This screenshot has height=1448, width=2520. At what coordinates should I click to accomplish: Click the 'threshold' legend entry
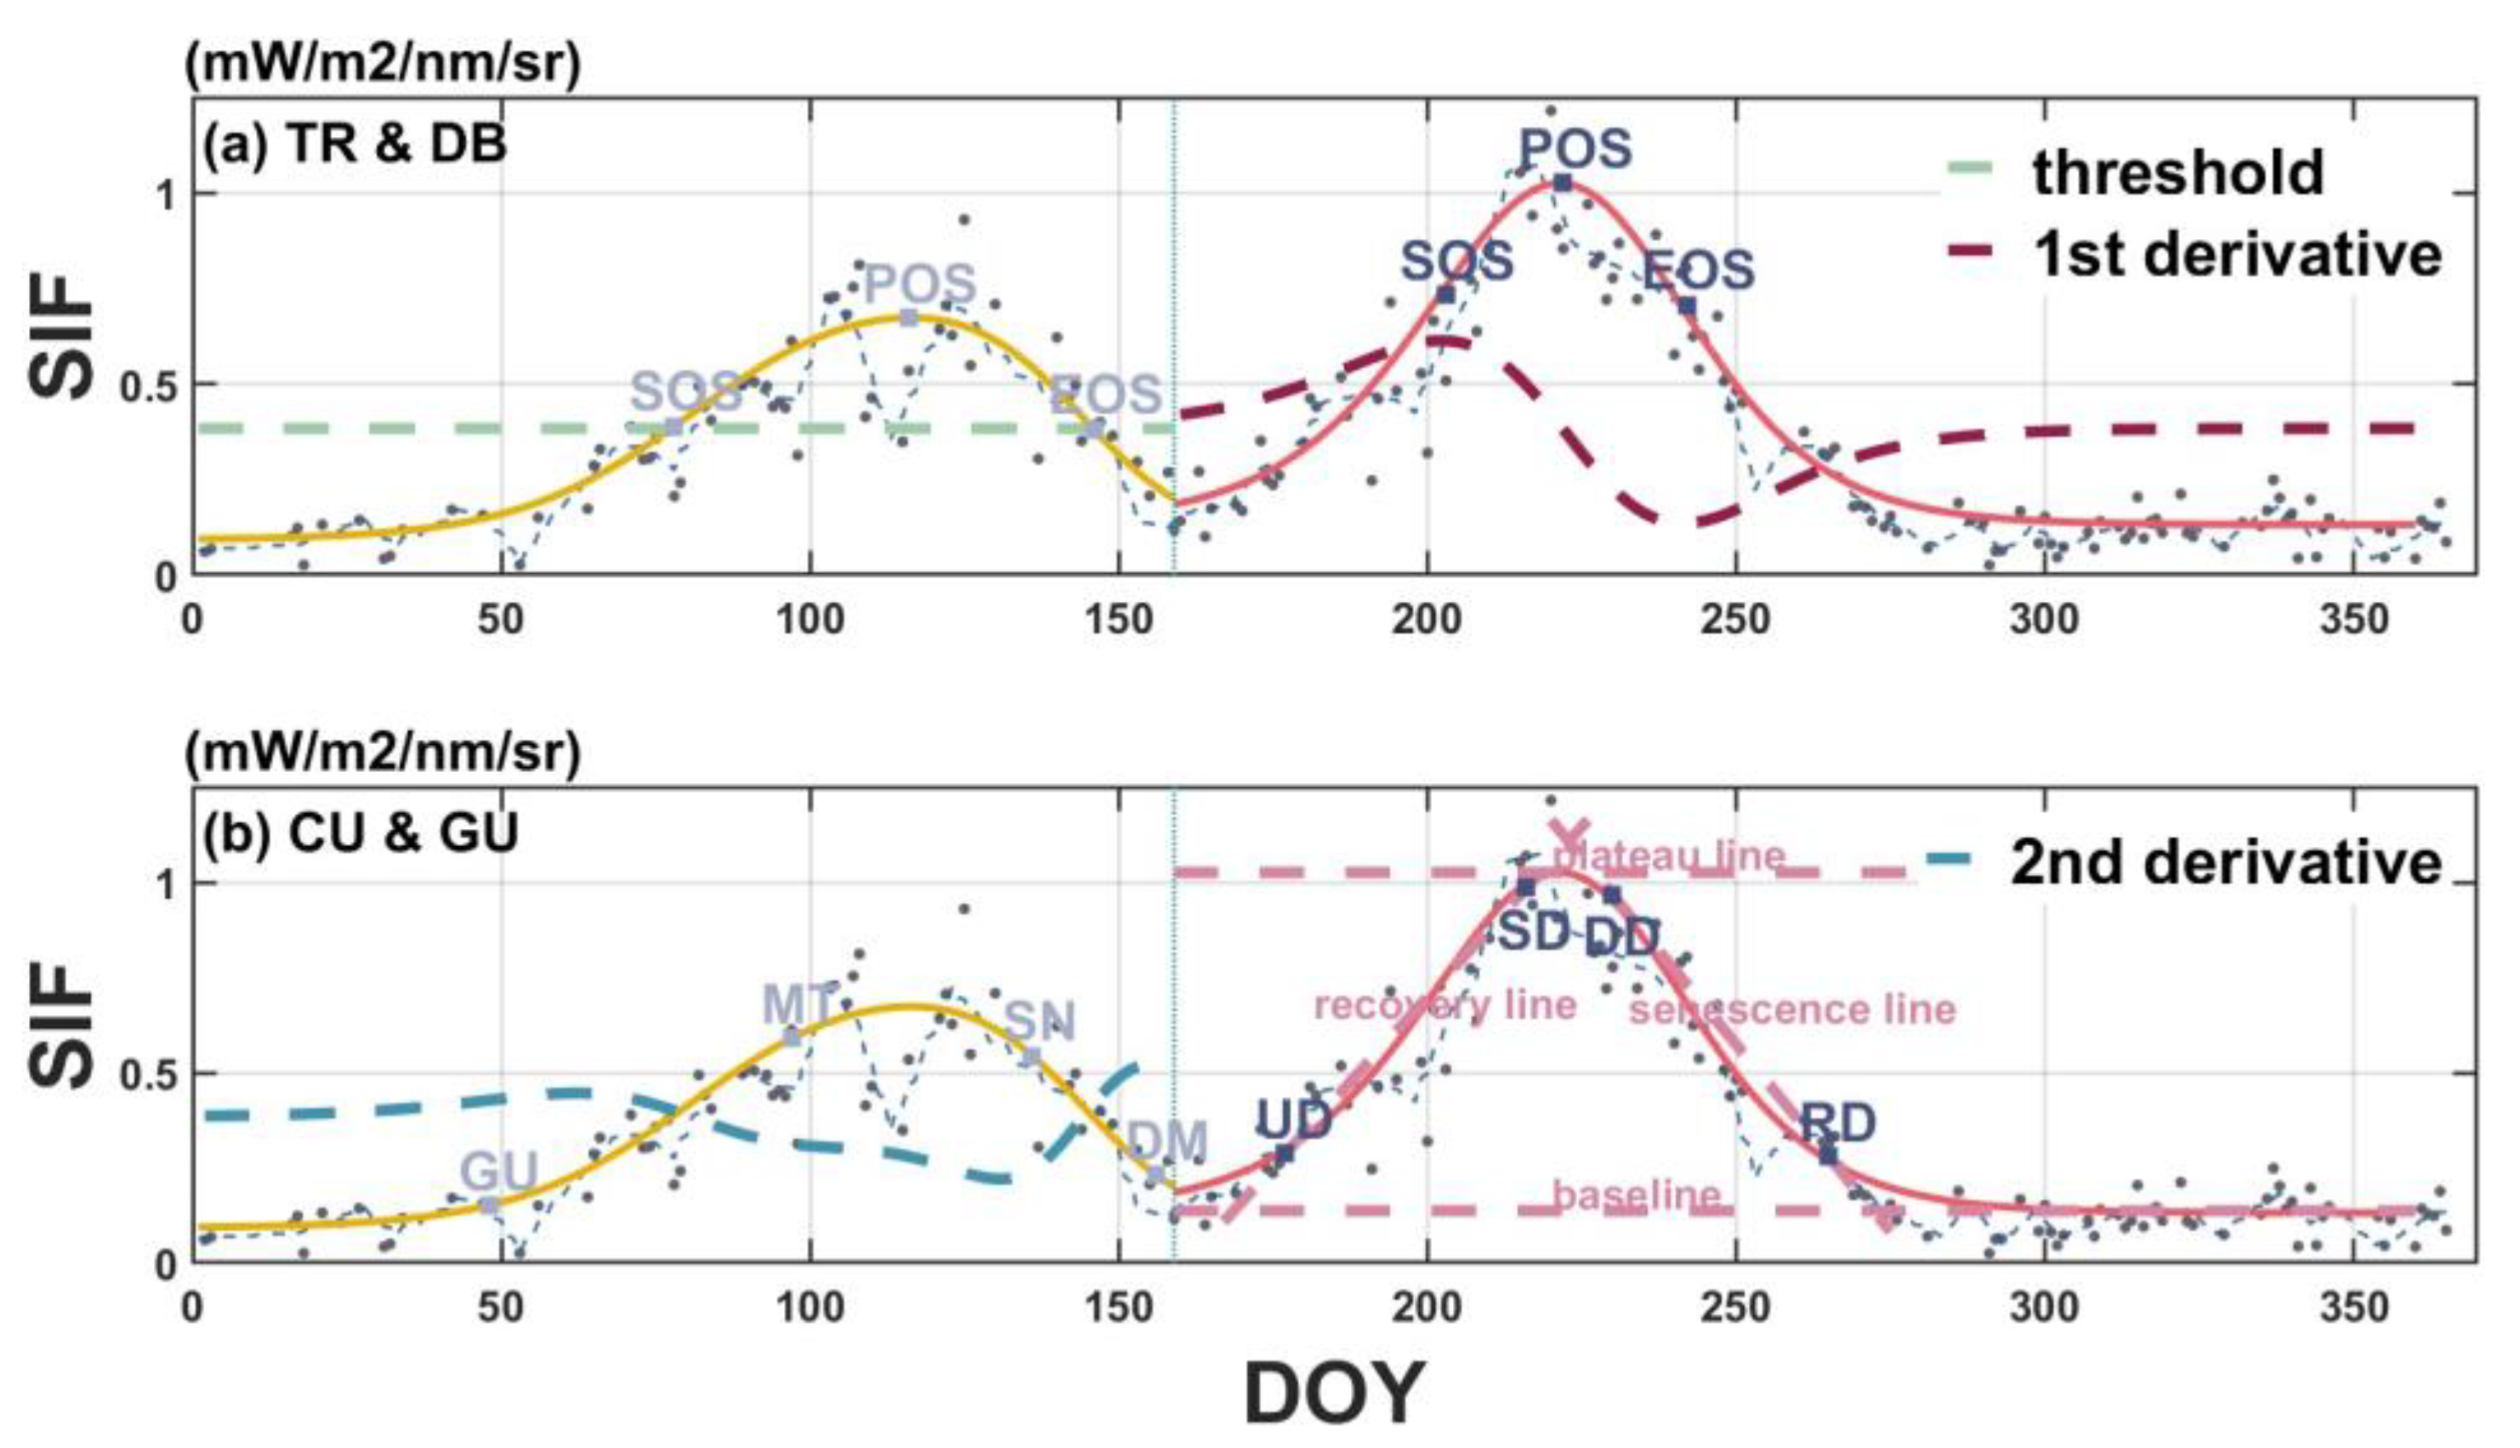click(2178, 172)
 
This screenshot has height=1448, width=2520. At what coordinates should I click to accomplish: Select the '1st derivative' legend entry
click(2238, 253)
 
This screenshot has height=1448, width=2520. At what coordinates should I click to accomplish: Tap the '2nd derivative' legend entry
click(2226, 861)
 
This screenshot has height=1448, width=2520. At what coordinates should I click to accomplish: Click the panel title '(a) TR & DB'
click(354, 145)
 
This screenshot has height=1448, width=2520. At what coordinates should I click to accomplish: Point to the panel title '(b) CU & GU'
click(360, 833)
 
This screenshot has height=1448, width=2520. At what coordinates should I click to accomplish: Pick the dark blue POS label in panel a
click(1575, 149)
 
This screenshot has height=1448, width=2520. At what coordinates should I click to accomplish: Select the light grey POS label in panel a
click(920, 285)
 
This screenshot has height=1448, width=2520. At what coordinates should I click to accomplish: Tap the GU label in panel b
click(498, 1173)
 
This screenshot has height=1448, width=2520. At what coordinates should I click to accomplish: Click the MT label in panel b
click(797, 1004)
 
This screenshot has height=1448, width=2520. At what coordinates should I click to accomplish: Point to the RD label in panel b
click(1838, 1124)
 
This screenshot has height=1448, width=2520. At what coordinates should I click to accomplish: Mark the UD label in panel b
click(1293, 1120)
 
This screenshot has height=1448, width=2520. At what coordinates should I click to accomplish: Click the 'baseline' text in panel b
click(1636, 1195)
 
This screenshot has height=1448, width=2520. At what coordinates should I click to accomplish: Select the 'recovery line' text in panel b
click(1445, 1006)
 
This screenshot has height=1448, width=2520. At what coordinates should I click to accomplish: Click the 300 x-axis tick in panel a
click(2044, 621)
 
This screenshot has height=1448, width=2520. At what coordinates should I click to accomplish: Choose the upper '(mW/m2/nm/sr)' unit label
click(382, 65)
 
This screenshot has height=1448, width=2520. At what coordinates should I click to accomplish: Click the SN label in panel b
click(1039, 1020)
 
